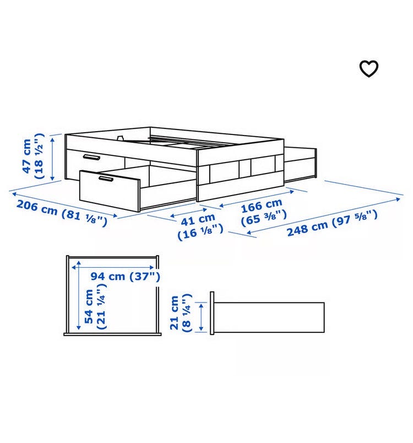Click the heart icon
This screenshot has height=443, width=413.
pyautogui.click(x=369, y=68)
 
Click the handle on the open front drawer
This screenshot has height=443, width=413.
pyautogui.click(x=106, y=179)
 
